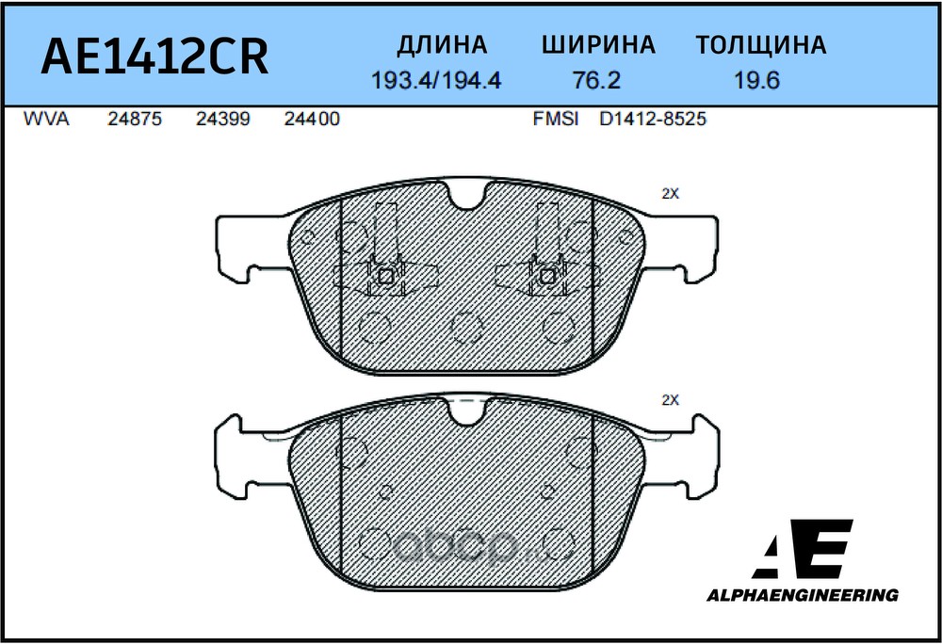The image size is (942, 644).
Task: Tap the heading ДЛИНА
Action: [x=442, y=45]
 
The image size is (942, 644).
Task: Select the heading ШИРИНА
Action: [x=598, y=45]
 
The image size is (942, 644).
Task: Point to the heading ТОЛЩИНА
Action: [x=761, y=45]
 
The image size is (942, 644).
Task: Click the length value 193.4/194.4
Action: [x=436, y=81]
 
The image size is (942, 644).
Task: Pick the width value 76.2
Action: [x=597, y=81]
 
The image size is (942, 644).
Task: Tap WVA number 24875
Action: [x=136, y=120]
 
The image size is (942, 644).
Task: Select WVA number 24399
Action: [x=223, y=120]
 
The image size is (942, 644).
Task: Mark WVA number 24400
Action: [x=311, y=120]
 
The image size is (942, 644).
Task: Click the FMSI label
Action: [x=556, y=120]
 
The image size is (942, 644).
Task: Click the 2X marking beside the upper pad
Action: [x=670, y=193]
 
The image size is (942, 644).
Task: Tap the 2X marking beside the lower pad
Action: [x=670, y=399]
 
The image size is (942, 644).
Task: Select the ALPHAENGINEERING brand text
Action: [x=803, y=595]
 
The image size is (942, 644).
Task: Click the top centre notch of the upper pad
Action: [x=467, y=195]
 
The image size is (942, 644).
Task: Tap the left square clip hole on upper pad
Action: [x=384, y=276]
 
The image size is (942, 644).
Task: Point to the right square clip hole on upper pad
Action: [x=547, y=276]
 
